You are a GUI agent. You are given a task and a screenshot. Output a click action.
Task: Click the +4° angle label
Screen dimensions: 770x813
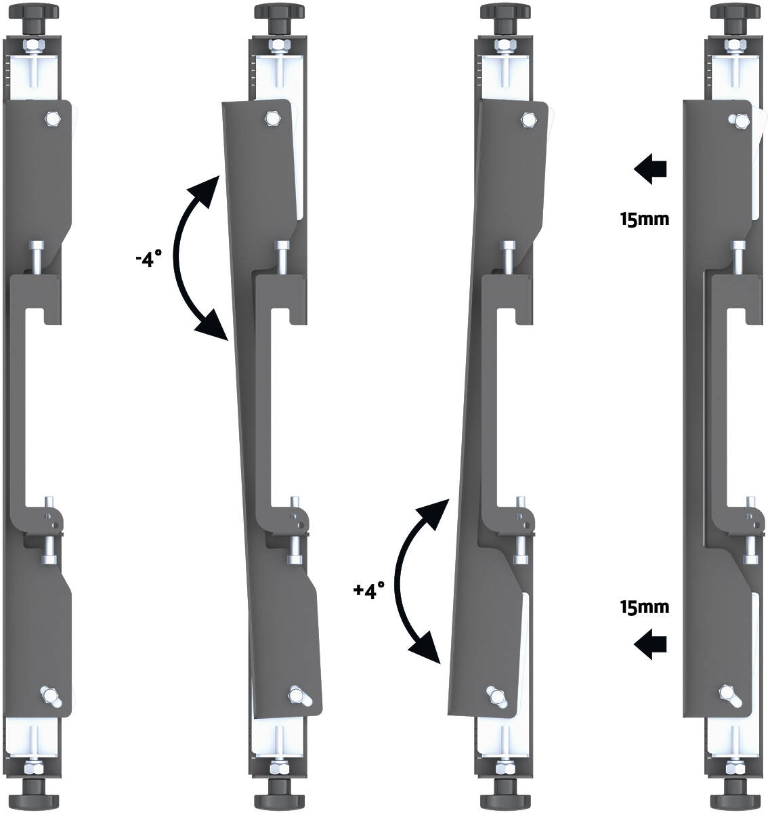[x=369, y=590]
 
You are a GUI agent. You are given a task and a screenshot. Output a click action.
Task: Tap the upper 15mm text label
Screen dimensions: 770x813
[x=644, y=219]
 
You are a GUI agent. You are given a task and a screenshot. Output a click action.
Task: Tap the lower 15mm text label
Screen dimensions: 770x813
[x=644, y=607]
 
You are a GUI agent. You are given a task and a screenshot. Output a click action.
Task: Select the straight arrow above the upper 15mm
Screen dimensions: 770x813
[x=650, y=169]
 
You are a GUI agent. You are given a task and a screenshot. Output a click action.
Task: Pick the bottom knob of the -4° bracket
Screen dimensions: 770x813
[x=279, y=795]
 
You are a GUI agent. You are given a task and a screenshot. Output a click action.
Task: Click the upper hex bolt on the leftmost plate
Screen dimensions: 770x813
[x=53, y=119]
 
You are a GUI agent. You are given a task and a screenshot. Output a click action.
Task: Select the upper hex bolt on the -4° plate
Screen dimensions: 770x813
[x=272, y=119]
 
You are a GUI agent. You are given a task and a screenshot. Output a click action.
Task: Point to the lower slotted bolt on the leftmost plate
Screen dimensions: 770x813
[x=51, y=696]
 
